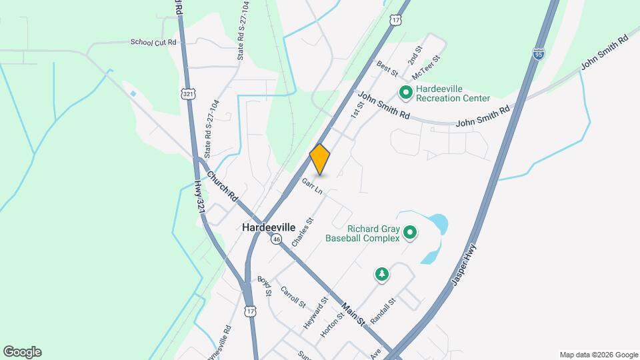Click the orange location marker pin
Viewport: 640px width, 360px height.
[320, 160]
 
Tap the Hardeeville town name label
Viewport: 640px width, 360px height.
[269, 227]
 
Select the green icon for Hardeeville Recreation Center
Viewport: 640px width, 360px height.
[405, 92]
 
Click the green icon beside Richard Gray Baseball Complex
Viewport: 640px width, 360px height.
[411, 233]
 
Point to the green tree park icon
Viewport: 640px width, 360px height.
[381, 274]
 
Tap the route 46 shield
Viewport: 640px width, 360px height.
[276, 239]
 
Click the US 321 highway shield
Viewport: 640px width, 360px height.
[188, 95]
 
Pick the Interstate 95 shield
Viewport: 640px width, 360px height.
[538, 54]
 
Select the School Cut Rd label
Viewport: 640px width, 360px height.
[154, 42]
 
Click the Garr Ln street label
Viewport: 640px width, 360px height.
[312, 186]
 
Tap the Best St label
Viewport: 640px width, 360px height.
[387, 67]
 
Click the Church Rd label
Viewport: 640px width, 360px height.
[222, 187]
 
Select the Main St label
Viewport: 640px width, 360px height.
[353, 315]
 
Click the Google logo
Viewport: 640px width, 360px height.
[22, 352]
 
